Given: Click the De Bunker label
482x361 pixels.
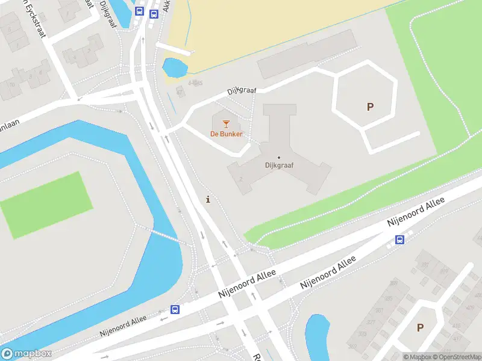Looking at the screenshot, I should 227,134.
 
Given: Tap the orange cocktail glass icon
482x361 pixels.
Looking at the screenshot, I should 226,124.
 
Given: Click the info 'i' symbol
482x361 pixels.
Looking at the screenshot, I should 208,200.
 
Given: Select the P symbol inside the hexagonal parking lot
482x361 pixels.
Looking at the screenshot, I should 370,107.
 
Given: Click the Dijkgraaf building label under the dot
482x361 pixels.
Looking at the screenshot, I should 279,165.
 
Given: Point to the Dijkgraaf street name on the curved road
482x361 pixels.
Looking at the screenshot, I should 242,91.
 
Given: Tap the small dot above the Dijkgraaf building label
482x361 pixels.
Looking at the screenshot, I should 278,158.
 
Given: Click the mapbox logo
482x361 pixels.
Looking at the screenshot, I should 27,354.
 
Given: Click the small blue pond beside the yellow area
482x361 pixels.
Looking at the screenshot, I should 175,67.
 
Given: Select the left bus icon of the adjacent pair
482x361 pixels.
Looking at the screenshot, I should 139,11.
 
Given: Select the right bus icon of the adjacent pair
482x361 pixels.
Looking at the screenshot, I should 154,13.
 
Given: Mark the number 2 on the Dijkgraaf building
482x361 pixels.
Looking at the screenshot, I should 240,179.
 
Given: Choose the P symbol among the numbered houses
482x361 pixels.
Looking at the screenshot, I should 420,328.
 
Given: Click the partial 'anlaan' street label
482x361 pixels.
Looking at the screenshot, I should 9,104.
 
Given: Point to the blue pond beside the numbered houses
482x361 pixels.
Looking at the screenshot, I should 317,336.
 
